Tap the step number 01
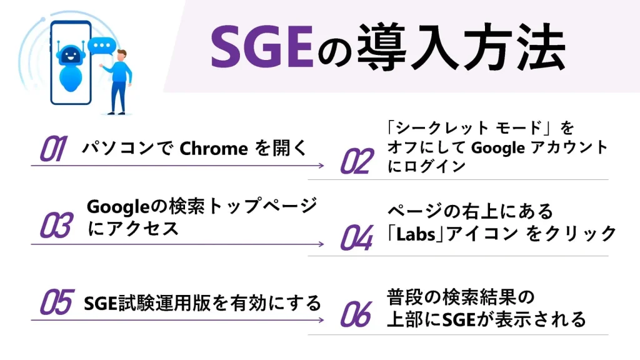[x=53, y=150]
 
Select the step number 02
[x=357, y=161]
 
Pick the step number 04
[x=356, y=238]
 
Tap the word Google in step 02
[x=496, y=147]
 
